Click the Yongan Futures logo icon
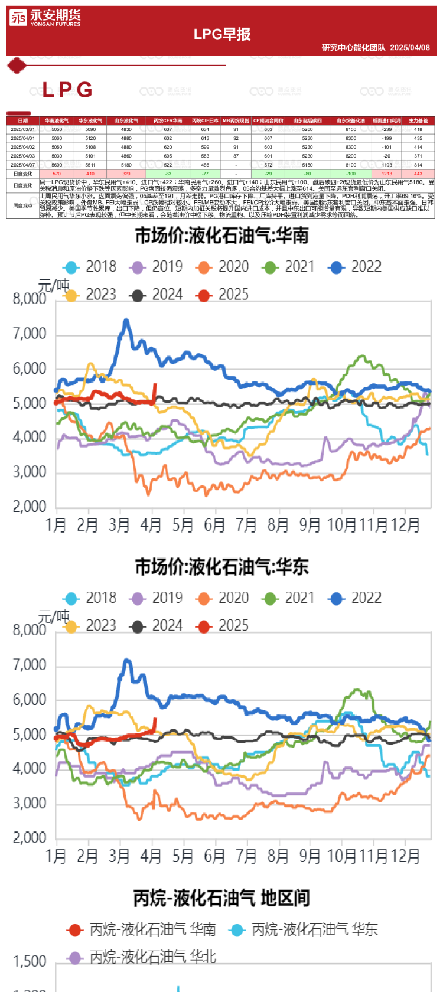tap(18, 18)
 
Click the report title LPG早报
tap(222, 34)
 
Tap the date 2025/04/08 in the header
tap(410, 47)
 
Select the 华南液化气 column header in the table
tap(57, 120)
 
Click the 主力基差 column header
tap(418, 120)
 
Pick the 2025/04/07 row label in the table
tap(22, 165)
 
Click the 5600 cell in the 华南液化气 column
tap(57, 165)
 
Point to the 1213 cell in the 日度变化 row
tap(387, 174)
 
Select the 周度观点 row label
tap(22, 205)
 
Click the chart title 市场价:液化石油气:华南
tap(222, 236)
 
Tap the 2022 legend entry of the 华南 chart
tap(356, 267)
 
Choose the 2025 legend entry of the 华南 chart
tap(223, 295)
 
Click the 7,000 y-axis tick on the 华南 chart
tap(30, 334)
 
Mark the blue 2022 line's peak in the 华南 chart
tap(126, 321)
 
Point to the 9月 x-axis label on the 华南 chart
tap(310, 524)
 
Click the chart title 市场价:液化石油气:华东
tap(222, 567)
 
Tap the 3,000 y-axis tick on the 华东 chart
tap(30, 803)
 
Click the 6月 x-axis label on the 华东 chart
tap(214, 856)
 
